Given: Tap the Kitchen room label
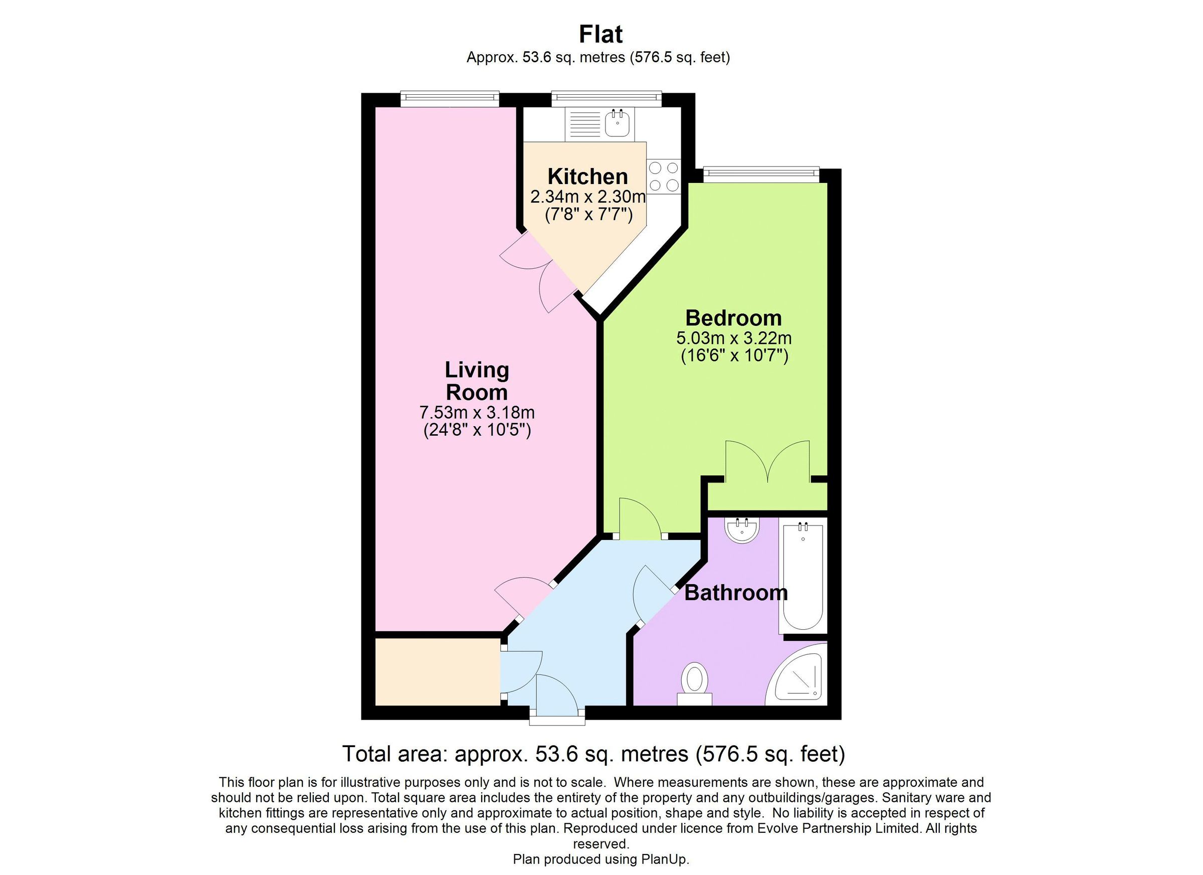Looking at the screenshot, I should (587, 176).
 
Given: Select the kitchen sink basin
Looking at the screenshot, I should (618, 124).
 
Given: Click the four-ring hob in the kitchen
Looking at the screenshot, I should (664, 176).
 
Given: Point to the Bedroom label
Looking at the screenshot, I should (733, 318).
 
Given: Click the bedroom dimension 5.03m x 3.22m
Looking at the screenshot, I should (733, 337).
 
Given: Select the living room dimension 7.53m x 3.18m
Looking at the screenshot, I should (477, 412).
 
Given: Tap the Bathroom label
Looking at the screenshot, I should (736, 592).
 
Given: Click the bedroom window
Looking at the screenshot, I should (760, 172).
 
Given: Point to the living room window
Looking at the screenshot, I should (449, 97).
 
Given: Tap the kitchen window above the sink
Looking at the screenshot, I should (607, 97).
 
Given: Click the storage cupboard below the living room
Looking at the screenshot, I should (437, 672).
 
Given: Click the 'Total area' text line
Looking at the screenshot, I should (593, 754).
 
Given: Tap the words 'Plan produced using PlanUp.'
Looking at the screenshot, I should (600, 859).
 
